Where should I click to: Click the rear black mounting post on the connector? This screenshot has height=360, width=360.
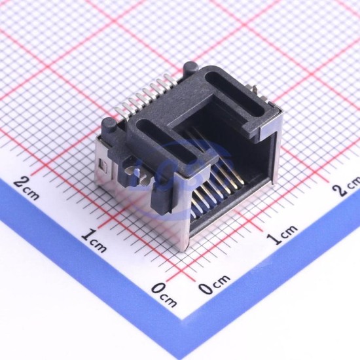pos(191,68)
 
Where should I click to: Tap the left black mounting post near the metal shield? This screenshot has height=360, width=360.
pos(109,126)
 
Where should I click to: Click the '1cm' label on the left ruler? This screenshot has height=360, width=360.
pos(94,240)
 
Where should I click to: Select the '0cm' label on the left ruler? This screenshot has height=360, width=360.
pos(164,295)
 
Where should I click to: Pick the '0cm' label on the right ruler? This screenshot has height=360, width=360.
pos(215,283)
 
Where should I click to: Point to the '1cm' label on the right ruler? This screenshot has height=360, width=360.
pos(283,234)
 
